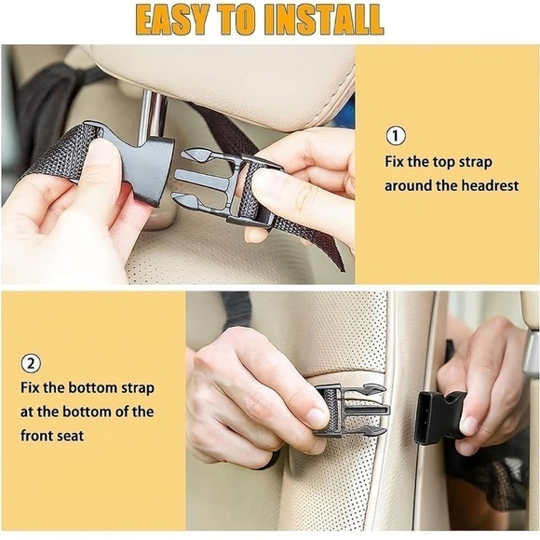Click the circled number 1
click(396, 137)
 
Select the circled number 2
click(30, 363)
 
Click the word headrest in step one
click(489, 185)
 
